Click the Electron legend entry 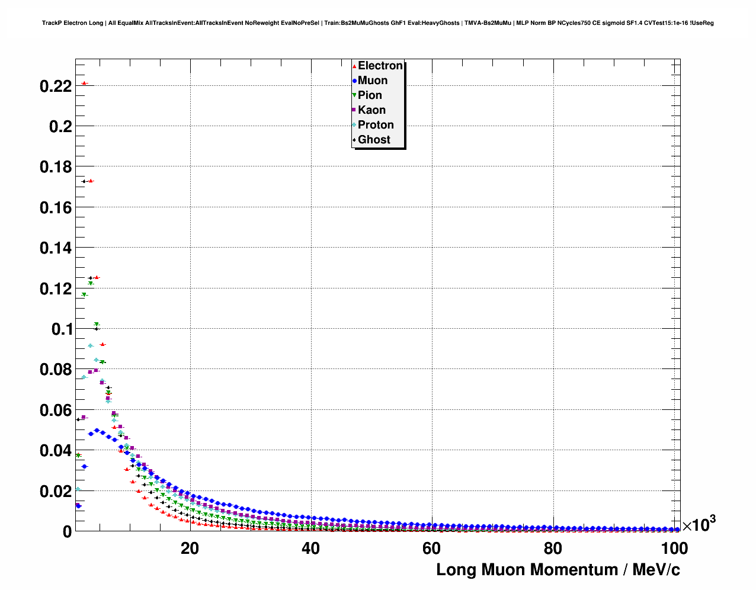pos(380,66)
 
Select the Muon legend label pos(373,81)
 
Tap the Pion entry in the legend pos(370,95)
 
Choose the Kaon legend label pos(371,110)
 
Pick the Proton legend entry pos(376,125)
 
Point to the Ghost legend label pos(374,140)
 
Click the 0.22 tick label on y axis pos(56,86)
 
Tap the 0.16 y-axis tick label pos(56,208)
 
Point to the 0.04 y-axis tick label pos(56,451)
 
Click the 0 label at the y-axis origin pos(68,532)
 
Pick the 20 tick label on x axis pos(190,549)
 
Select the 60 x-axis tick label pos(431,549)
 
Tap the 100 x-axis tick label pos(674,549)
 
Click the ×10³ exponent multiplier pos(699,524)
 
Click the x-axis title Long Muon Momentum pos(558,570)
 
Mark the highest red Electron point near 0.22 pos(84,83)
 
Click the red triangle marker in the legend pos(354,66)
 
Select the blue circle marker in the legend pos(354,81)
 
